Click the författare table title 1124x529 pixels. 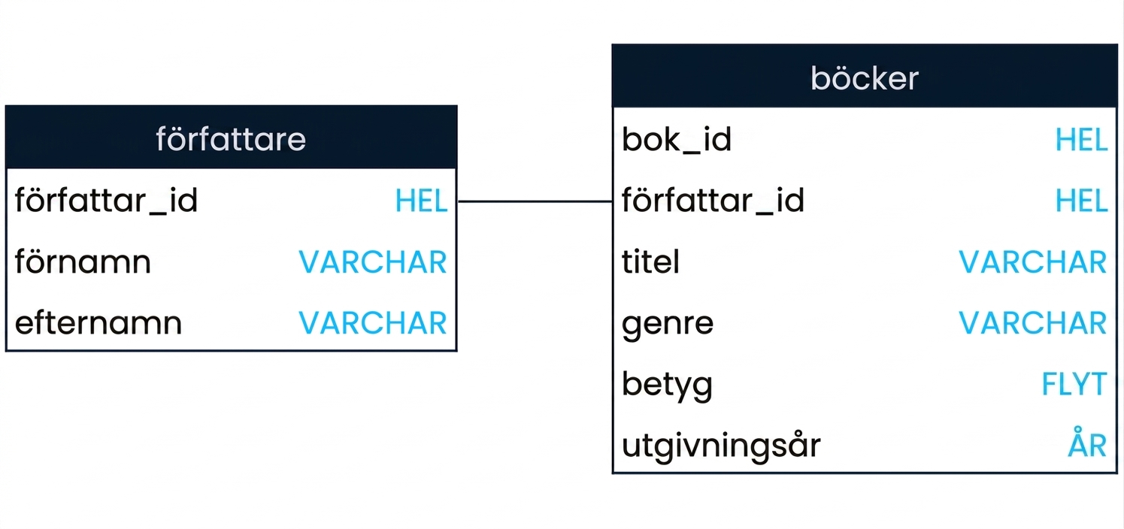tap(231, 138)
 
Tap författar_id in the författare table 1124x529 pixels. tap(106, 201)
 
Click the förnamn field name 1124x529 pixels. tap(83, 261)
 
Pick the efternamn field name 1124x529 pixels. tap(98, 322)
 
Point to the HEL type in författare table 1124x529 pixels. tap(421, 201)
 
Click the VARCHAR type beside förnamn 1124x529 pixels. tap(373, 261)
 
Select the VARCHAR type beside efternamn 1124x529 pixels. tap(373, 322)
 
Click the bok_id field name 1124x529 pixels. tap(677, 140)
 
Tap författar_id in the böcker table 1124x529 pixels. tap(713, 201)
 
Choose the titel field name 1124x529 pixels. tap(651, 261)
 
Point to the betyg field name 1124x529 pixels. tap(668, 385)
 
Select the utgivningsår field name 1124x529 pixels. tap(721, 446)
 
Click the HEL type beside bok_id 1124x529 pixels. tap(1081, 140)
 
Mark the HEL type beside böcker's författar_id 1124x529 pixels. tap(1081, 201)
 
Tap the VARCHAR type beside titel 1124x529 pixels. tap(1033, 261)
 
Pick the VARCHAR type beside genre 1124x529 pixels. tap(1033, 322)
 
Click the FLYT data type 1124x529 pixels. tap(1074, 384)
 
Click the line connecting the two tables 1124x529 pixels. tap(535, 201)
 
